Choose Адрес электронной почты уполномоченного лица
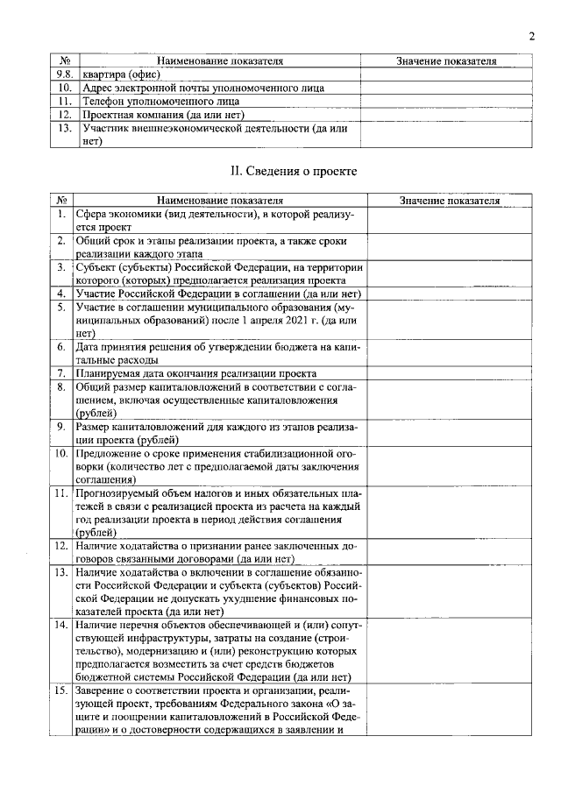202,88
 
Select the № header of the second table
62,200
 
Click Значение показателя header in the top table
446,61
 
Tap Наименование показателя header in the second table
220,200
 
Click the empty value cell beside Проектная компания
446,114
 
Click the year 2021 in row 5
280,320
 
